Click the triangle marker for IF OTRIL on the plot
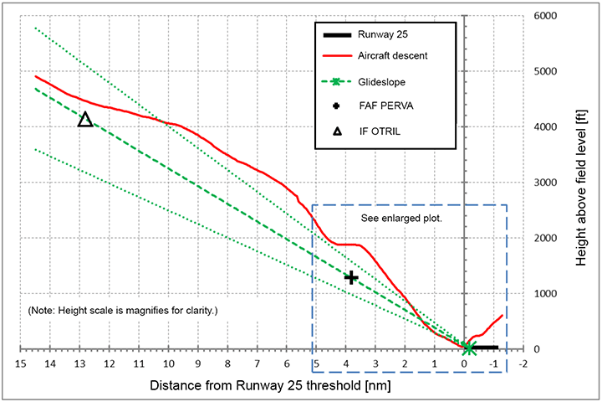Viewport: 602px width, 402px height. click(84, 120)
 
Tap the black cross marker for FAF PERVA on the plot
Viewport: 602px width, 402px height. click(352, 277)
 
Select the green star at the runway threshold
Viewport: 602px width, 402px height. click(470, 348)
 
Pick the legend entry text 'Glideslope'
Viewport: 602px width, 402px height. click(381, 82)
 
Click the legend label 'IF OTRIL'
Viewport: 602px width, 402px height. click(380, 131)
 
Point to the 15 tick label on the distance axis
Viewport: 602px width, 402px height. click(20, 364)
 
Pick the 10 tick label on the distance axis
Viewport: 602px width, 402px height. click(168, 364)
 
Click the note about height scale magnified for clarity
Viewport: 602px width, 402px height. click(122, 311)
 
